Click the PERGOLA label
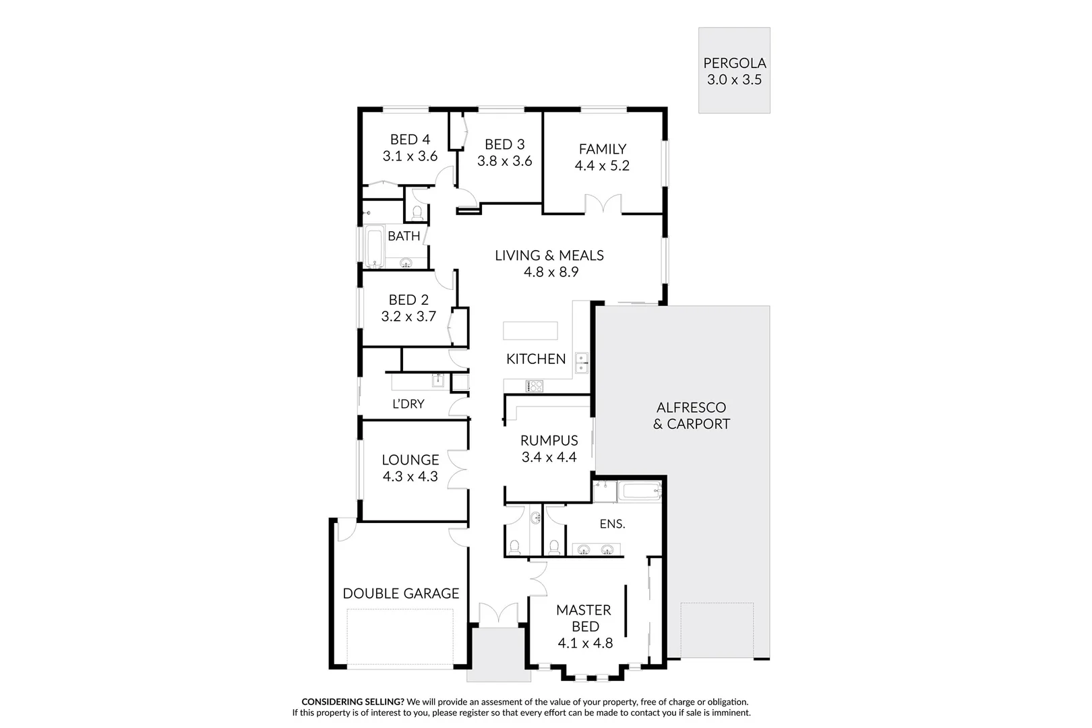point(734,63)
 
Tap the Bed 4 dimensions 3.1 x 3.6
point(410,156)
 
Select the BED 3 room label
point(504,144)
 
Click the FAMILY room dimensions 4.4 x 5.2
point(602,166)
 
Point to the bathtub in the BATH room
point(373,247)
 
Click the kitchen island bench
point(530,331)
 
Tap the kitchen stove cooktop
point(535,386)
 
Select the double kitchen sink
point(581,363)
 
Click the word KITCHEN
point(536,359)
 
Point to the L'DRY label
point(408,404)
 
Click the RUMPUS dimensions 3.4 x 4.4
point(549,458)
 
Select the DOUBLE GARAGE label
point(400,594)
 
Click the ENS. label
point(612,524)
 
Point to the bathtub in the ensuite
point(641,491)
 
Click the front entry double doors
point(498,614)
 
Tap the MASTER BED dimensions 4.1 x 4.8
point(585,644)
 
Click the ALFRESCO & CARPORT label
point(691,416)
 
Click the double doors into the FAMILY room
point(603,204)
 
